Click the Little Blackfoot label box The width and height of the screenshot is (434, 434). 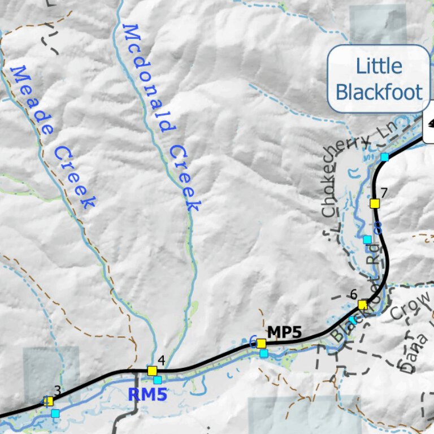379,79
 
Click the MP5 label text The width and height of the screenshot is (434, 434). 284,332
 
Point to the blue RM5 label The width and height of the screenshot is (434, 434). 147,394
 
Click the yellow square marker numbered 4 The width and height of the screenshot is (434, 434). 152,371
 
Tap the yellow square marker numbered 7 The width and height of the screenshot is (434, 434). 374,203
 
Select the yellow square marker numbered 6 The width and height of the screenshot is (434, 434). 362,305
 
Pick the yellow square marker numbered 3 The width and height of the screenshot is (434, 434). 49,401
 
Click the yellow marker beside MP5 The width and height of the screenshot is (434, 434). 261,343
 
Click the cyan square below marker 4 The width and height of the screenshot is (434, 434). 158,380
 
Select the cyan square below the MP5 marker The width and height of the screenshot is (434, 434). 264,353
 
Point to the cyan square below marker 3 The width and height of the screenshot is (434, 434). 55,413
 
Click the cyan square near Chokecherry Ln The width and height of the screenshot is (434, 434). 384,157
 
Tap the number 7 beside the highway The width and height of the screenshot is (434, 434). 384,192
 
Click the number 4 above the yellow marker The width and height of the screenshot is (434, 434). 161,360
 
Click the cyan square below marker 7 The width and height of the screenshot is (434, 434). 367,240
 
